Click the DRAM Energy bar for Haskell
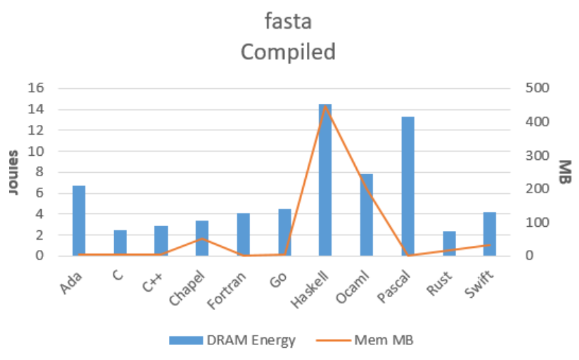tap(325, 180)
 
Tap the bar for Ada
tap(79, 221)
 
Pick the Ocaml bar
tap(366, 215)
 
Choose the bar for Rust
tap(448, 244)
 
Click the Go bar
tap(284, 232)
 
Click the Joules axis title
tap(14, 171)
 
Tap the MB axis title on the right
tap(563, 171)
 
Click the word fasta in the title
tap(288, 21)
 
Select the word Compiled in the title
tap(288, 51)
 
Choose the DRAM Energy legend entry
tap(233, 340)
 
